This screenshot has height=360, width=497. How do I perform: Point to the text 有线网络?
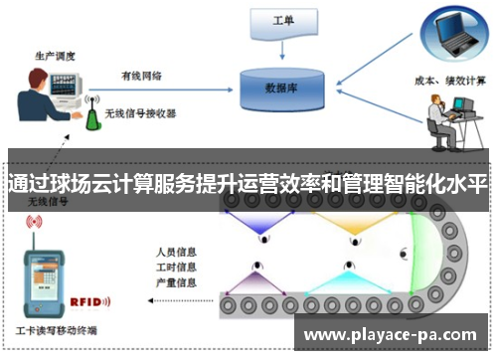(140, 75)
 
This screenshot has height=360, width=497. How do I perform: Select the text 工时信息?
(175, 268)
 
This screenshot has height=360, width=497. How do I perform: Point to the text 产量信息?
(175, 284)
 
